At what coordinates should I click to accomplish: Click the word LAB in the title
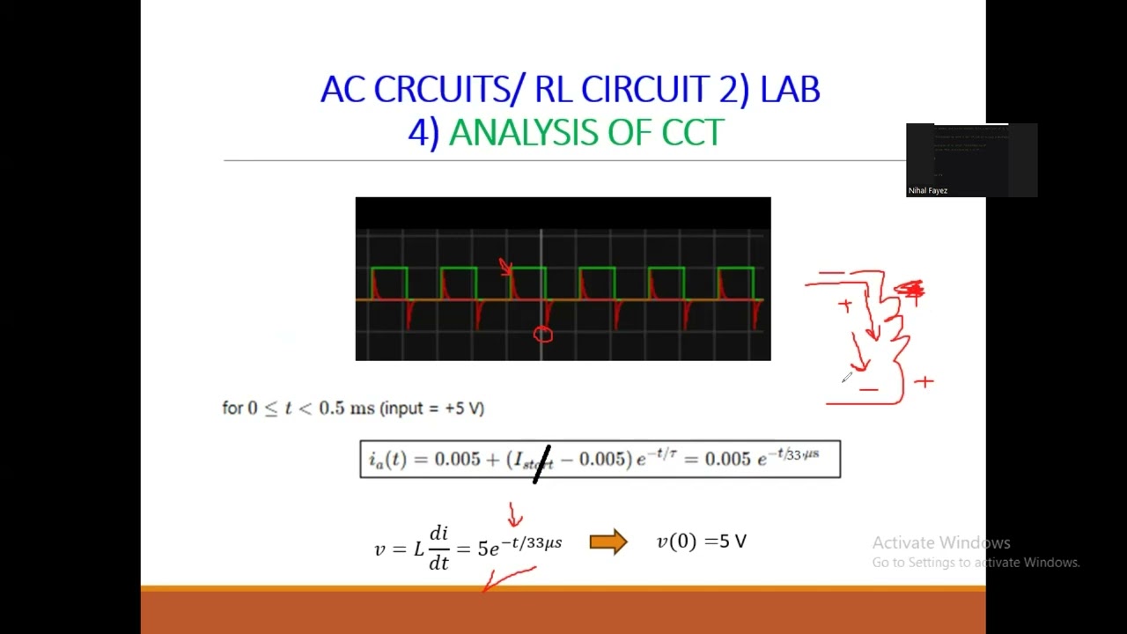click(x=791, y=90)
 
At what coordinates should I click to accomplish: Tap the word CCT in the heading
click(x=692, y=133)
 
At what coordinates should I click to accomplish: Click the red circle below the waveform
click(x=542, y=335)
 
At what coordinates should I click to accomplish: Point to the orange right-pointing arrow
click(x=608, y=542)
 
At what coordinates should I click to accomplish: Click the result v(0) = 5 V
click(x=702, y=542)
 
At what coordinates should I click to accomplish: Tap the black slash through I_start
click(x=542, y=464)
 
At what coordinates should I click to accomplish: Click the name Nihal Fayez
click(x=928, y=190)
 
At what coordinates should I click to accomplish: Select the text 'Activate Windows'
click(x=941, y=542)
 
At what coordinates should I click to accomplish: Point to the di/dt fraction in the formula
click(x=438, y=547)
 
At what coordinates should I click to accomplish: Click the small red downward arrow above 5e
click(x=515, y=514)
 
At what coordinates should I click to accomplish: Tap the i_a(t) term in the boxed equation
click(x=387, y=460)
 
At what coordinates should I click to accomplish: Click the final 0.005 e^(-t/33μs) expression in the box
click(x=762, y=458)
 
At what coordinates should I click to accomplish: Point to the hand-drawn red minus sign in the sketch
click(x=869, y=389)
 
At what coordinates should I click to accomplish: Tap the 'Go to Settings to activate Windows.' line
click(x=976, y=563)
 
